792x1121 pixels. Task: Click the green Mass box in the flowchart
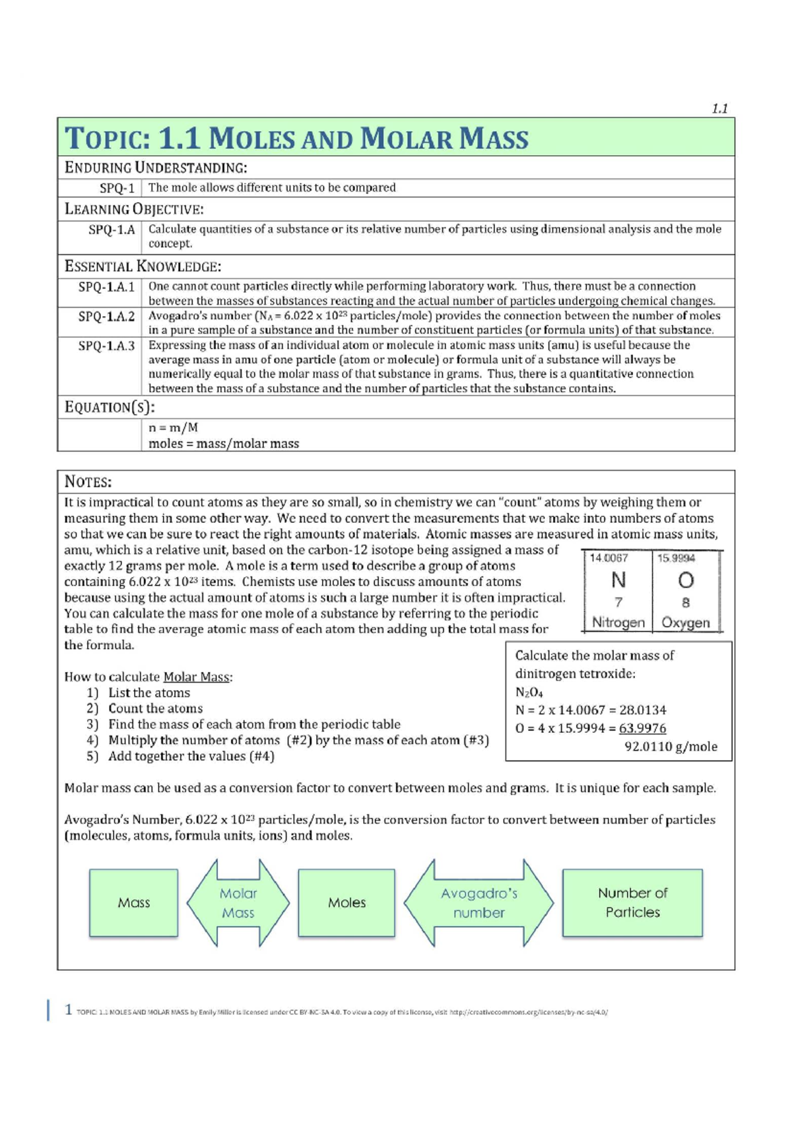tap(133, 902)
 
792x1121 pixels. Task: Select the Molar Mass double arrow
tap(238, 902)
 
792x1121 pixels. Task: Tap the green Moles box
tap(346, 902)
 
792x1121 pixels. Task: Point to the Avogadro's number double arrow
tap(478, 902)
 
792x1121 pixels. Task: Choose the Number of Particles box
tap(632, 902)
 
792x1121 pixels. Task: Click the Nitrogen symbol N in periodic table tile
tap(618, 580)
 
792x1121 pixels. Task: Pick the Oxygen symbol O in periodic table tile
tap(686, 580)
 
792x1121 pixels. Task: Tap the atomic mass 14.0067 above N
tap(609, 558)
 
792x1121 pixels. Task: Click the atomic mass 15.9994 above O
tap(676, 558)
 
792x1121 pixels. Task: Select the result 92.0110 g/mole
tap(671, 747)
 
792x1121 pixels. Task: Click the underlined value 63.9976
tap(642, 728)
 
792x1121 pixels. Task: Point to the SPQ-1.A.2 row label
tap(106, 316)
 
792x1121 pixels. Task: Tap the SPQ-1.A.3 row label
tap(106, 345)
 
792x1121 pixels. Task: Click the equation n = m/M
tap(173, 427)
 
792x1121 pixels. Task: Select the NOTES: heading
tap(88, 482)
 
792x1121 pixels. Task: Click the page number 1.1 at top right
tap(719, 109)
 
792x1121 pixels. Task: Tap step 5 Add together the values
tap(191, 756)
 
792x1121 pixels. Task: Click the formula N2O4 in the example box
tap(529, 692)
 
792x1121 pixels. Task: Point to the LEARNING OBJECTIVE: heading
tap(134, 209)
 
